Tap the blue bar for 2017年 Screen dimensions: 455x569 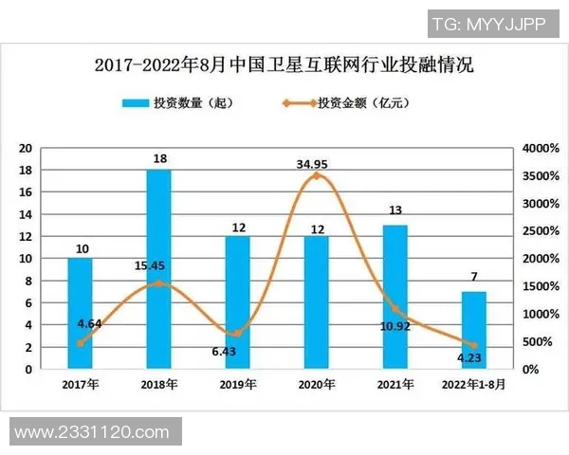[80, 313]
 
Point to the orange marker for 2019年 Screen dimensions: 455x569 [237, 334]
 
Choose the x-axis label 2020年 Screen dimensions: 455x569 [316, 385]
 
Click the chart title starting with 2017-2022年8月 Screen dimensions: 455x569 [284, 65]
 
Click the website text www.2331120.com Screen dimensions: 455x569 [92, 432]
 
